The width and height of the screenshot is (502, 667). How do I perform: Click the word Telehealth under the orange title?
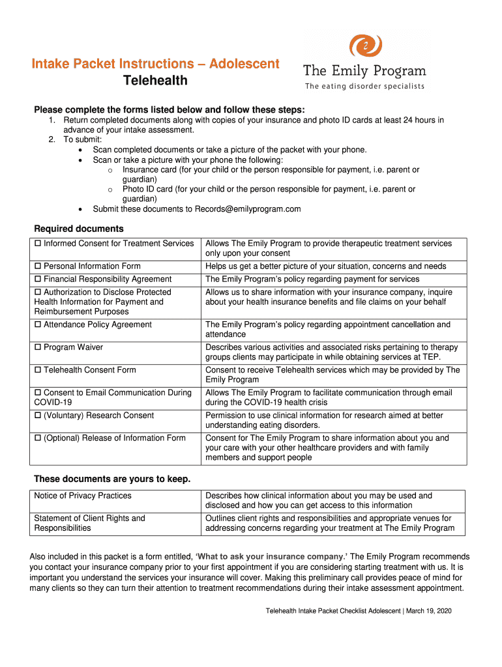(x=155, y=81)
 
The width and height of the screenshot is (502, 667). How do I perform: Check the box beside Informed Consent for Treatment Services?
(x=38, y=244)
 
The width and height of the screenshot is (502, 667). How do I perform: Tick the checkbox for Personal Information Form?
(x=38, y=266)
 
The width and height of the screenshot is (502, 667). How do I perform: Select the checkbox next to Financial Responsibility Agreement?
(x=38, y=279)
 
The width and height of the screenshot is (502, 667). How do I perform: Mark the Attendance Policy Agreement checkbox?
(x=38, y=325)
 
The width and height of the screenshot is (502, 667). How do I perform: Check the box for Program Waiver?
(x=38, y=348)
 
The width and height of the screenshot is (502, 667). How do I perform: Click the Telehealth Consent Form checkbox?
(x=38, y=371)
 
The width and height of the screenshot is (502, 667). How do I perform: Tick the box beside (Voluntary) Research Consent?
(x=38, y=416)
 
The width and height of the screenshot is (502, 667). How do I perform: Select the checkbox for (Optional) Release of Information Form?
(x=38, y=438)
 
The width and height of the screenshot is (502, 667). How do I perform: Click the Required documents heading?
(x=78, y=229)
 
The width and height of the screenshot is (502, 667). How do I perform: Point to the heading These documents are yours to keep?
(x=112, y=479)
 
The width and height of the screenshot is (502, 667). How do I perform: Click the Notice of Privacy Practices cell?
(x=83, y=496)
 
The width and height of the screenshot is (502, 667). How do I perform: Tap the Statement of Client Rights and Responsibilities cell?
(x=89, y=523)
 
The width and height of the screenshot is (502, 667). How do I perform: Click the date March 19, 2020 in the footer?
(x=430, y=611)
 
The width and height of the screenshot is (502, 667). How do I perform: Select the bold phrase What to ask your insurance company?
(x=271, y=557)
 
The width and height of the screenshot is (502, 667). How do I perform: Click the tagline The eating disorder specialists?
(x=364, y=87)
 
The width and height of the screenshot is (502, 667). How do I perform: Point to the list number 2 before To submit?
(x=52, y=140)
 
